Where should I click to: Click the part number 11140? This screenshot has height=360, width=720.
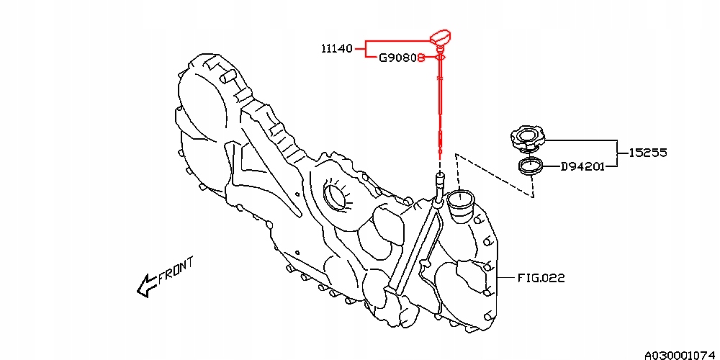click(x=336, y=49)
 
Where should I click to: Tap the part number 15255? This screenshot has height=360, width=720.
click(x=647, y=153)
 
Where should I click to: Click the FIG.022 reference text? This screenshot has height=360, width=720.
click(x=540, y=277)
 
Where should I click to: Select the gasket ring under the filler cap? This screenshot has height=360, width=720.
click(x=531, y=166)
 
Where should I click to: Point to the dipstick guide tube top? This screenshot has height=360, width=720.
click(x=438, y=176)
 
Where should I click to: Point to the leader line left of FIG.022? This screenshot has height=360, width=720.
click(x=504, y=277)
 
